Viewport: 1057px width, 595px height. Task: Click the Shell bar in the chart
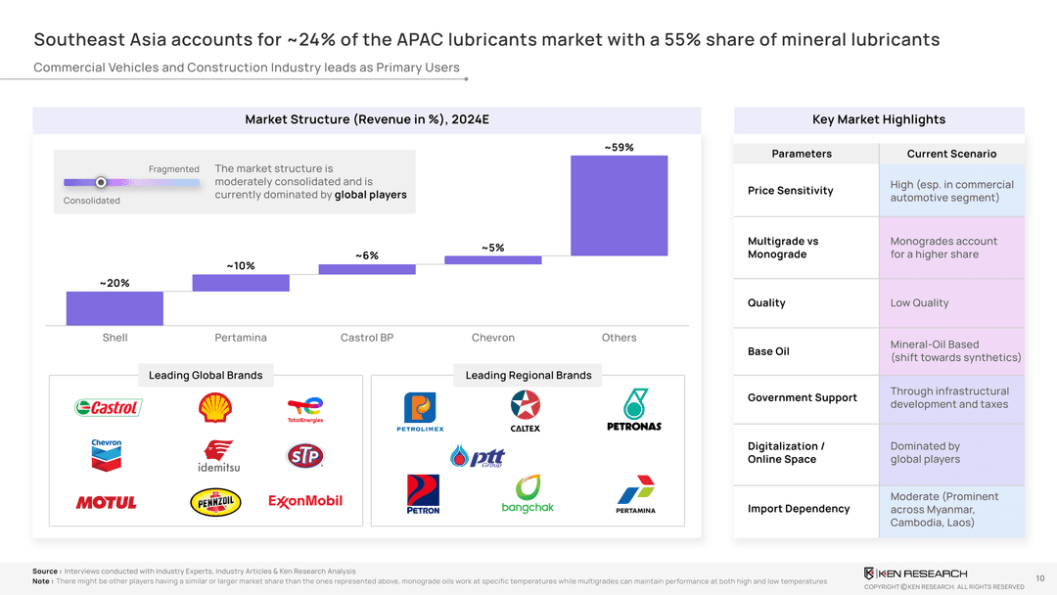point(115,307)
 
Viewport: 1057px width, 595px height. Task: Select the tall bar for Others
point(619,206)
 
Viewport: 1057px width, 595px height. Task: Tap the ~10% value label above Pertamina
point(241,266)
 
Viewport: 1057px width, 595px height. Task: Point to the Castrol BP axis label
point(367,338)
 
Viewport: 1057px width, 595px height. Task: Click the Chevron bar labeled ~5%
point(492,260)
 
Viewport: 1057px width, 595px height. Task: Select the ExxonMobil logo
point(305,501)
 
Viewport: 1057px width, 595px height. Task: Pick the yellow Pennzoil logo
point(214,502)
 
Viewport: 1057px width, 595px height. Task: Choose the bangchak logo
point(528,493)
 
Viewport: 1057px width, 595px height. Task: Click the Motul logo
point(107,502)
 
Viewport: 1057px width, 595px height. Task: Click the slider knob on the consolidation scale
point(101,182)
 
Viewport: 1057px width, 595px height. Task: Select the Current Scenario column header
point(951,154)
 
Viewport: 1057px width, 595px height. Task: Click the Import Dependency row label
point(799,509)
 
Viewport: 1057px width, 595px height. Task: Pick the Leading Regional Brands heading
point(528,375)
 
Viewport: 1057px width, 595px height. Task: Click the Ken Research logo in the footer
point(915,573)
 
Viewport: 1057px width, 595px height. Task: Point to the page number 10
point(1039,578)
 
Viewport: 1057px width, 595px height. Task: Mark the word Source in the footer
point(45,572)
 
